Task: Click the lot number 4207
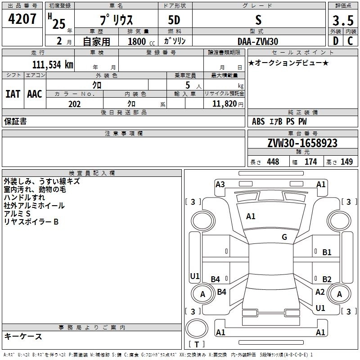click(22, 20)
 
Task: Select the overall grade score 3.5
click(342, 21)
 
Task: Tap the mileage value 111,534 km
click(53, 64)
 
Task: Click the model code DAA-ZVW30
click(258, 41)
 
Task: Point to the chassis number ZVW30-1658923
click(302, 143)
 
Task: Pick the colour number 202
click(74, 104)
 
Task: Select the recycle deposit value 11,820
click(226, 104)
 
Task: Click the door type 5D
click(175, 21)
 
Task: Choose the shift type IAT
click(13, 94)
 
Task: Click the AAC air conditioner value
click(35, 94)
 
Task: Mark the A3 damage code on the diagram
click(220, 184)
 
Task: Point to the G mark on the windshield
click(284, 237)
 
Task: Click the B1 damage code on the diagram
click(327, 252)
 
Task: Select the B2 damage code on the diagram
click(327, 279)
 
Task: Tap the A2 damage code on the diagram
click(320, 292)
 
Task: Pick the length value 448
click(273, 162)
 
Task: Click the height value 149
click(346, 162)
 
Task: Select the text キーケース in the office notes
click(23, 337)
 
